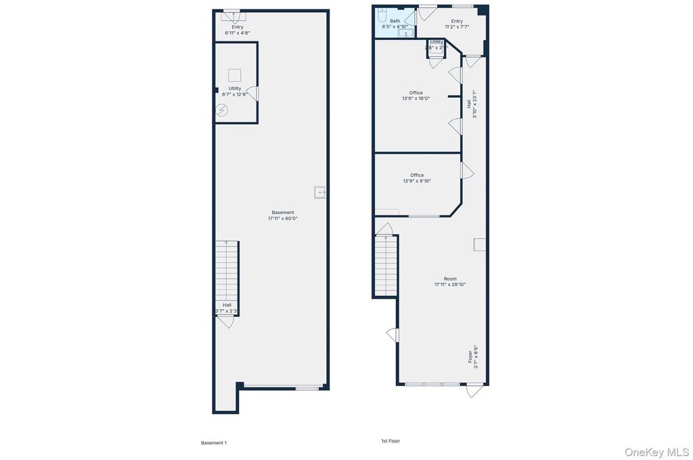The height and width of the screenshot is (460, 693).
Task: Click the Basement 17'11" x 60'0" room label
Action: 282,215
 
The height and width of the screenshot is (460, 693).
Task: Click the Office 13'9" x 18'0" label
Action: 416,96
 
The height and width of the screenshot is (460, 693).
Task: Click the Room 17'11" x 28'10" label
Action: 450,282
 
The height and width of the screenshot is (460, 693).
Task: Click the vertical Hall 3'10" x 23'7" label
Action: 472,104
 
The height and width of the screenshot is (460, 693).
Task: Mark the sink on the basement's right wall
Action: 320,192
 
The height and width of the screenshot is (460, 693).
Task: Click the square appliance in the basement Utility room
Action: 234,75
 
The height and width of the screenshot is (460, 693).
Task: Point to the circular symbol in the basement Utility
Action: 222,110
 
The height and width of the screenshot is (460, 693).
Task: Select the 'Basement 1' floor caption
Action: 214,442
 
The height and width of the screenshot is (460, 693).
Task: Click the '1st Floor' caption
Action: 390,441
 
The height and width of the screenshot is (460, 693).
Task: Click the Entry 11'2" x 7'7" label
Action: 457,24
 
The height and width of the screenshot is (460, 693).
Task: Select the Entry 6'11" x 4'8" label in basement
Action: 237,30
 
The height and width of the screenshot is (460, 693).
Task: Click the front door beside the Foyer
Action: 475,390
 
